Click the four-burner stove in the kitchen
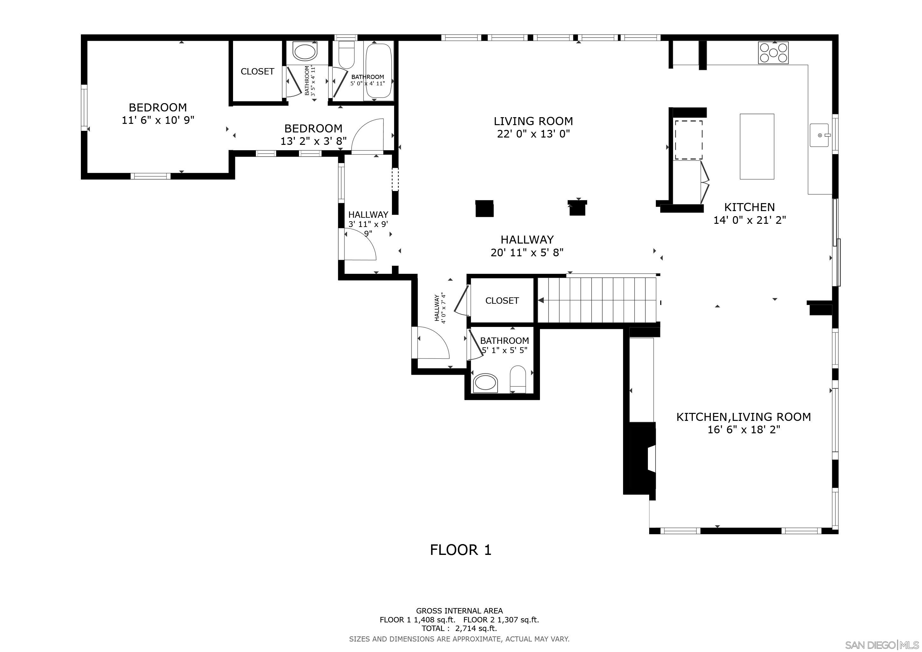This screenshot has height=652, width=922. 773,53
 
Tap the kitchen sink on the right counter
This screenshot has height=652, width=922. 819,135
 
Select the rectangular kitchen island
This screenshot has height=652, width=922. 757,146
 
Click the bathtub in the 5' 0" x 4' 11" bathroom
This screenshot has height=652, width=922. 378,71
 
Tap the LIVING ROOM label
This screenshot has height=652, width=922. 533,121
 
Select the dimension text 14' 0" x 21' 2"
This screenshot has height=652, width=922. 749,220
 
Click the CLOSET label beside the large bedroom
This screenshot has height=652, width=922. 258,71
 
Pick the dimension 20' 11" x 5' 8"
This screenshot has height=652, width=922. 527,252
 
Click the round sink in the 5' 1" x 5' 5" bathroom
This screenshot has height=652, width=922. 485,383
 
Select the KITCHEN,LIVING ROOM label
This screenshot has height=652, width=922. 744,417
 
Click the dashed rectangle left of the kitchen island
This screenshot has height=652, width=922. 689,140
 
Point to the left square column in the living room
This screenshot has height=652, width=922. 484,209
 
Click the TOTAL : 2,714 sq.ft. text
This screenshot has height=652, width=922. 459,628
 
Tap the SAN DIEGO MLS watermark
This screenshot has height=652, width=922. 882,645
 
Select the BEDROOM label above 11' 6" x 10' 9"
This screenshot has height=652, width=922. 158,107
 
